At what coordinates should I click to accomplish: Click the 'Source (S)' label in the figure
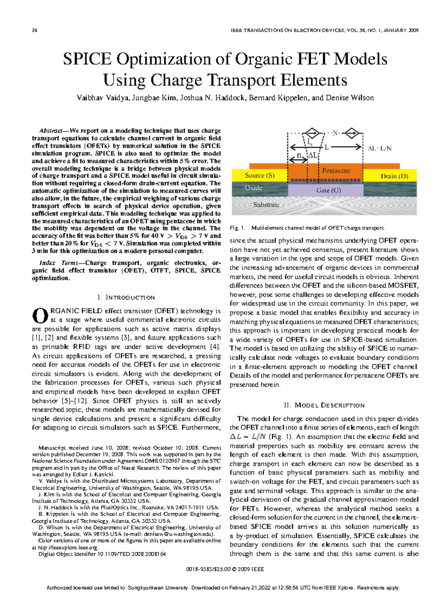[260, 175]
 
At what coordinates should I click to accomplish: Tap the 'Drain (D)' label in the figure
[394, 176]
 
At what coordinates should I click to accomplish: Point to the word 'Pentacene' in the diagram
[336, 171]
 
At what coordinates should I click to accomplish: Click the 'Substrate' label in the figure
[266, 205]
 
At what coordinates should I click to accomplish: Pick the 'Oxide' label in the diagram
[253, 188]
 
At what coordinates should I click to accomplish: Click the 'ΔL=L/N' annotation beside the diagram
[380, 148]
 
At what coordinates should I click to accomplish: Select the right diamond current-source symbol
[352, 133]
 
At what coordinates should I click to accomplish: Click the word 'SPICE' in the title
[87, 59]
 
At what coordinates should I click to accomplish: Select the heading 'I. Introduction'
[126, 298]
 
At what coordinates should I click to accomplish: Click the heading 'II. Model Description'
[324, 405]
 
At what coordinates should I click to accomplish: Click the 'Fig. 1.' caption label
[238, 228]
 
